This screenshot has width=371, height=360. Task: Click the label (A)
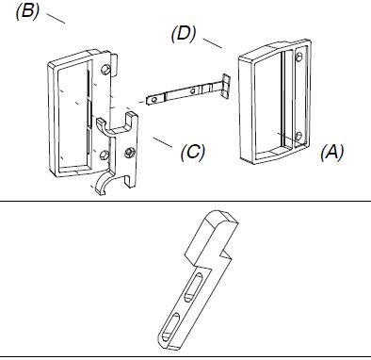pyautogui.click(x=332, y=153)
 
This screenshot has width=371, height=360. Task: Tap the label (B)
pyautogui.click(x=27, y=12)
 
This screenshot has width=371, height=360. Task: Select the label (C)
pyautogui.click(x=193, y=153)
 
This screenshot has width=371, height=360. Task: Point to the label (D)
pyautogui.click(x=184, y=34)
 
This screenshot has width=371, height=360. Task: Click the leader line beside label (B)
pyautogui.click(x=56, y=18)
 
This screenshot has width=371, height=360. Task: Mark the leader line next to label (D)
pyautogui.click(x=213, y=43)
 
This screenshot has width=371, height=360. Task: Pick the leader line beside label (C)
pyautogui.click(x=163, y=142)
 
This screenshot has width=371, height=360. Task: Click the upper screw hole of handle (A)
pyautogui.click(x=299, y=57)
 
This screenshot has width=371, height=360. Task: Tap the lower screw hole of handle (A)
pyautogui.click(x=298, y=137)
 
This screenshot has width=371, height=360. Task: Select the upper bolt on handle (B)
pyautogui.click(x=105, y=70)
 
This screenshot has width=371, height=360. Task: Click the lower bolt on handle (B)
pyautogui.click(x=104, y=155)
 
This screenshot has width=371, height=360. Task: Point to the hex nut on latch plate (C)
pyautogui.click(x=128, y=153)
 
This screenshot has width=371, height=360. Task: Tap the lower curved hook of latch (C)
pyautogui.click(x=103, y=182)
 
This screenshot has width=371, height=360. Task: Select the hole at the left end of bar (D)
pyautogui.click(x=154, y=100)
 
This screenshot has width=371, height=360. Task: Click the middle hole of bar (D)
pyautogui.click(x=192, y=91)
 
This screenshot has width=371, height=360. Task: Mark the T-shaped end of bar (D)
pyautogui.click(x=225, y=85)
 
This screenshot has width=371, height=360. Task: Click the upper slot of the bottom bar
pyautogui.click(x=194, y=286)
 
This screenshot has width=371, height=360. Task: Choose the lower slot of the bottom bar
pyautogui.click(x=170, y=327)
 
